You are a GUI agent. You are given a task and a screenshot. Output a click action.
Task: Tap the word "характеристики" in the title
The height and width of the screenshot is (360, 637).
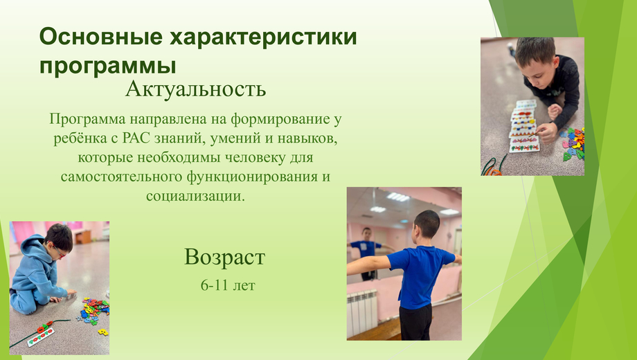(263, 37)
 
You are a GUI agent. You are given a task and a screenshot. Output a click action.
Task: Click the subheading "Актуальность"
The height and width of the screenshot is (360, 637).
(195, 89)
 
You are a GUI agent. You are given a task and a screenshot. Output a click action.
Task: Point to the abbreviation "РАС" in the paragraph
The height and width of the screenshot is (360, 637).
(136, 138)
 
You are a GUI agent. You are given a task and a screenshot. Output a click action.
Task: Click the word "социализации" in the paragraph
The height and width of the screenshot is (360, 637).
(195, 196)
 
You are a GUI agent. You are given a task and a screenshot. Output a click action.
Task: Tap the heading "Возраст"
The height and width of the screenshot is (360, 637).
(224, 258)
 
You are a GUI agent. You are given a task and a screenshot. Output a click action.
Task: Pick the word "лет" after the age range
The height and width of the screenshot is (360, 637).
(244, 286)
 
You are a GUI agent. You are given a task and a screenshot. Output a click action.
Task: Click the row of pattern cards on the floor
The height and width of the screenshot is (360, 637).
(524, 127)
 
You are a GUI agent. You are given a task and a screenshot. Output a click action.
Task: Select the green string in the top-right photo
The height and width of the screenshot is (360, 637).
(493, 167)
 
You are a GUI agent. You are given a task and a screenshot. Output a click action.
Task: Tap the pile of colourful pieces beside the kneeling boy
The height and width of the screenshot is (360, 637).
(94, 312)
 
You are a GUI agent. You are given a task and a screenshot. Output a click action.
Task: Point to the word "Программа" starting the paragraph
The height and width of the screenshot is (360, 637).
(87, 120)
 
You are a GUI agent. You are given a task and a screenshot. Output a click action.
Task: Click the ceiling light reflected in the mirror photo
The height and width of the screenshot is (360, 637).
(398, 197)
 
